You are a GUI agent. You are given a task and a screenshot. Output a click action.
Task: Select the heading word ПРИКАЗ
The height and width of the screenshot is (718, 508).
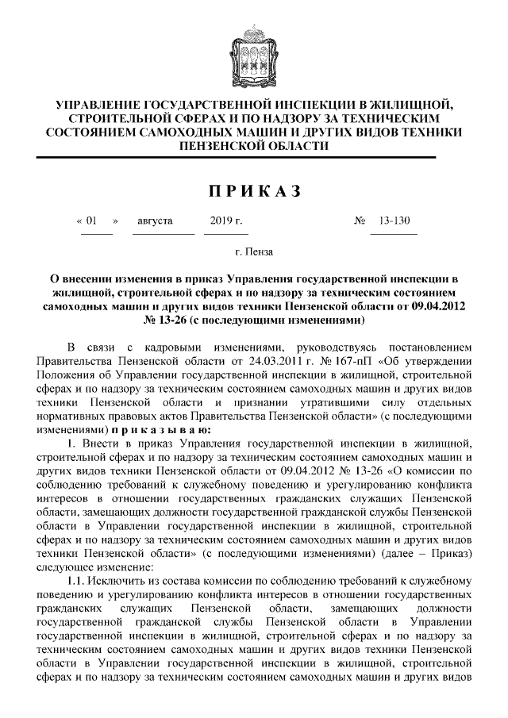click(254, 190)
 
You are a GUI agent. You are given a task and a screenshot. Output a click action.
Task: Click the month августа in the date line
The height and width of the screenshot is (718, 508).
click(155, 221)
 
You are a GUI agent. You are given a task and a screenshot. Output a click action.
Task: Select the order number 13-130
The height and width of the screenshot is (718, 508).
click(394, 221)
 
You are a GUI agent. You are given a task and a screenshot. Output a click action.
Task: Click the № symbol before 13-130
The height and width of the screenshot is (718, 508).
click(359, 221)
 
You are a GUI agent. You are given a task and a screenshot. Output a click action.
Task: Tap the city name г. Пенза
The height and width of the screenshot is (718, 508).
click(254, 251)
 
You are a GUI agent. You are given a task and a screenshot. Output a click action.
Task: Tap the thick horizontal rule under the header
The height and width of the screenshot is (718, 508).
click(254, 158)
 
